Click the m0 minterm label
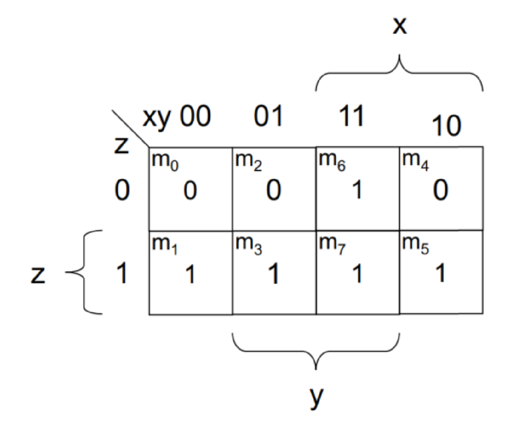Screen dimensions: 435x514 tap(165, 162)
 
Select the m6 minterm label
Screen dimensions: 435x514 tap(332, 162)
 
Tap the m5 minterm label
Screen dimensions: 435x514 tap(415, 245)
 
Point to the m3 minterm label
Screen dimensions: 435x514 tap(248, 245)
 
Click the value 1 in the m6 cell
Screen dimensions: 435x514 tap(357, 190)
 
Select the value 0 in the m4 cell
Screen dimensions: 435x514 tap(440, 190)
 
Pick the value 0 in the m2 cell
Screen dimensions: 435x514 tap(274, 190)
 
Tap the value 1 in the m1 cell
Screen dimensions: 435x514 tap(190, 274)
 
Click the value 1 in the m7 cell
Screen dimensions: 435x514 tap(357, 274)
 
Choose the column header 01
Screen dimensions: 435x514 tap(268, 116)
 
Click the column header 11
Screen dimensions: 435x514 tap(351, 116)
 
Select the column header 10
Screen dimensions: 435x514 tap(447, 126)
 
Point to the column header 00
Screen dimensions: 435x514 tap(196, 116)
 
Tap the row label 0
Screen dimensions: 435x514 tap(122, 190)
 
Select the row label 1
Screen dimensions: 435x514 tap(122, 274)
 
